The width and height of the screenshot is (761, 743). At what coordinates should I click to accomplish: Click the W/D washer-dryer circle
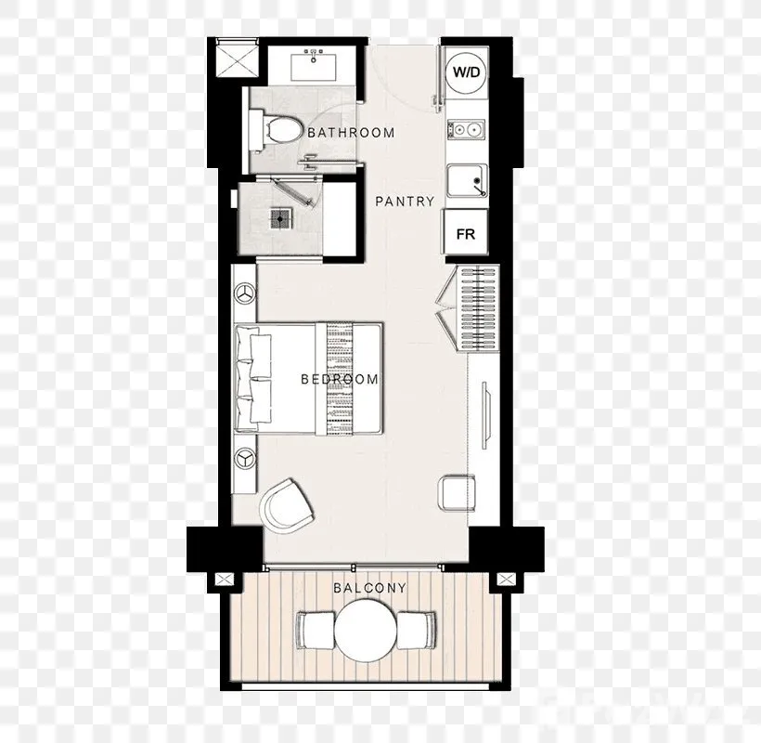(x=466, y=72)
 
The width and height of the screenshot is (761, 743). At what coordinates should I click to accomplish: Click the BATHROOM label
(x=352, y=133)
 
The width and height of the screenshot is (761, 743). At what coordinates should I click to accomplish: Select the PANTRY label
(x=405, y=201)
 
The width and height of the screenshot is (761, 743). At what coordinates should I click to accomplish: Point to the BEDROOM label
(x=340, y=379)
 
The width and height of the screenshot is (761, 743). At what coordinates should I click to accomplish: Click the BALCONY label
(x=369, y=588)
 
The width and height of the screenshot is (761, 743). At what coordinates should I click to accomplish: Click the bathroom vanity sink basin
(x=314, y=67)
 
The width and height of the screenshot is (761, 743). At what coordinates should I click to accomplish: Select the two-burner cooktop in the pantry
(x=466, y=130)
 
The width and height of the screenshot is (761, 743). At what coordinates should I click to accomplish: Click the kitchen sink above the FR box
(x=467, y=181)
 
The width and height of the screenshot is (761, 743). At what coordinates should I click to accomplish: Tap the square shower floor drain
(x=280, y=219)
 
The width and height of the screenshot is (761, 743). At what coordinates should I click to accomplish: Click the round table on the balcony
(x=366, y=631)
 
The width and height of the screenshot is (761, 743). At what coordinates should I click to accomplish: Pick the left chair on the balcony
(x=315, y=631)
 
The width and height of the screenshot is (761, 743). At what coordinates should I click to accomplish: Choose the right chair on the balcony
(x=417, y=631)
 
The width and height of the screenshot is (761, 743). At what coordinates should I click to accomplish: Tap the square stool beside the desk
(x=457, y=493)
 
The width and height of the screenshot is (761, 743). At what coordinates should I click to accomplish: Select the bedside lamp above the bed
(x=245, y=293)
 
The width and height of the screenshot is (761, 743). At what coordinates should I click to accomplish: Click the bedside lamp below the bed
(x=245, y=459)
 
